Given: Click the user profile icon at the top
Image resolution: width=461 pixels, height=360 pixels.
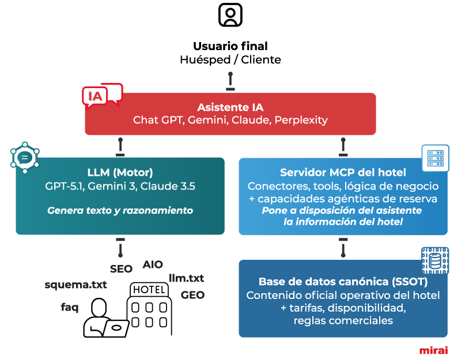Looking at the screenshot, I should (x=231, y=15).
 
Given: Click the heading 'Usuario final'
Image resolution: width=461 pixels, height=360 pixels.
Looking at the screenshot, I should (x=231, y=46).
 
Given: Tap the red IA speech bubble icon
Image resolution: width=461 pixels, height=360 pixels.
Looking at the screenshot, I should (x=102, y=96).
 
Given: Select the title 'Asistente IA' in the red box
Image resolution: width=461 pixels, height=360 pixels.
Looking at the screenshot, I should (x=231, y=107).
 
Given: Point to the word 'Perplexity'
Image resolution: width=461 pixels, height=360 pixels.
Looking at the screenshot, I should (x=301, y=120).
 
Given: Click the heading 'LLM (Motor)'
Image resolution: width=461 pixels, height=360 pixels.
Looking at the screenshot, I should (x=120, y=172).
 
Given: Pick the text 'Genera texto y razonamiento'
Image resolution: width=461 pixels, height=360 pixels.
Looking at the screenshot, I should (x=120, y=211).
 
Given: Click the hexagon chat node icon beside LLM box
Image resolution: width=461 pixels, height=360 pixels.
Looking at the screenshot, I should (x=25, y=156).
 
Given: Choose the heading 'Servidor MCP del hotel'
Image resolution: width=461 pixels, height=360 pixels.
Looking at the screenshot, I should (x=343, y=172).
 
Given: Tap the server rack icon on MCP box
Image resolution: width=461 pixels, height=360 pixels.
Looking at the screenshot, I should (x=436, y=157).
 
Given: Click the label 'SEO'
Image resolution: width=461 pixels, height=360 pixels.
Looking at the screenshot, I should (x=121, y=268).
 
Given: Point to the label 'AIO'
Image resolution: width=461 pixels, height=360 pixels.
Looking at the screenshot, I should (x=153, y=264).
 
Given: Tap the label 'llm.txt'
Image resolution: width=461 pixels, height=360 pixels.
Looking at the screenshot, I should (x=186, y=278).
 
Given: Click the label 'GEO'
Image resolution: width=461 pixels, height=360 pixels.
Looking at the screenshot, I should (x=192, y=295).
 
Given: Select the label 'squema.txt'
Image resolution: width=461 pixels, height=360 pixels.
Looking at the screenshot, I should (x=76, y=285).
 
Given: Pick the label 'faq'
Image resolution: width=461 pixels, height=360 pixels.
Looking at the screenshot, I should (x=69, y=307).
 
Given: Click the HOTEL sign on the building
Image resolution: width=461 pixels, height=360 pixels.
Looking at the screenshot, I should (x=149, y=289).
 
